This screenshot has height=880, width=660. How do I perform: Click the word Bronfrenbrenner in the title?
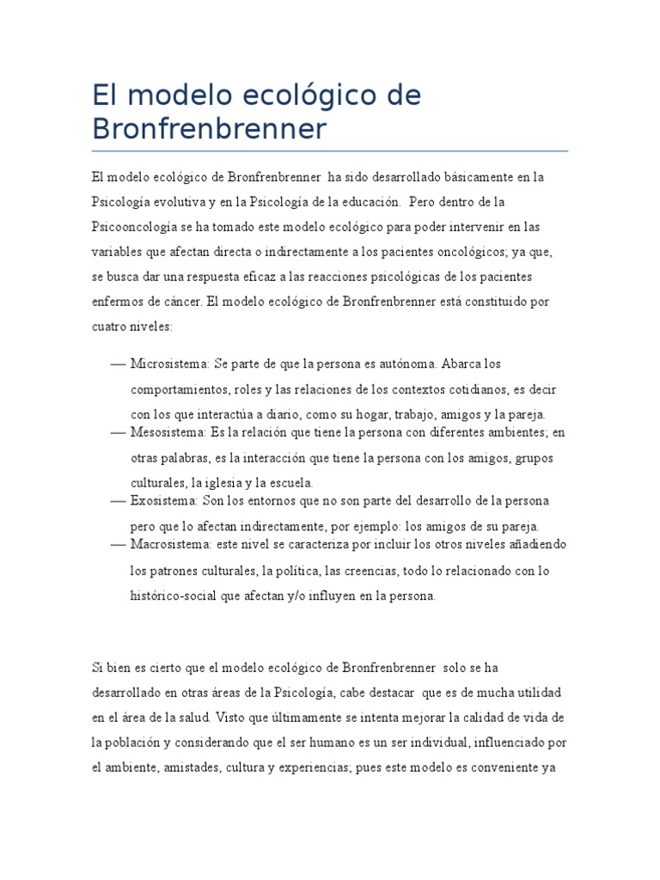pos(210,129)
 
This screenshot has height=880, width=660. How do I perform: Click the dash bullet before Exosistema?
pos(119,500)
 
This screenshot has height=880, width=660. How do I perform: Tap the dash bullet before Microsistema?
pos(119,363)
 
